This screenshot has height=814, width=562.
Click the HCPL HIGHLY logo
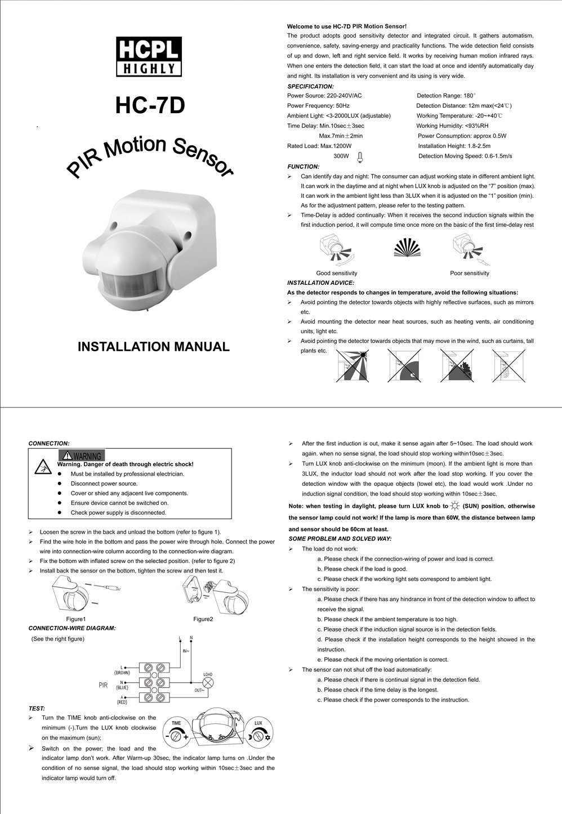(x=149, y=56)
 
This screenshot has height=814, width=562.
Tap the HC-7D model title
(x=150, y=105)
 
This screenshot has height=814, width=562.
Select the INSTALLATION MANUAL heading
(x=153, y=347)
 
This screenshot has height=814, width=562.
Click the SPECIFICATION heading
(x=310, y=86)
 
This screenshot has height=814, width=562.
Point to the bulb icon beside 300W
(x=359, y=156)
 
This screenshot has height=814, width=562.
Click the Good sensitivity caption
(x=337, y=273)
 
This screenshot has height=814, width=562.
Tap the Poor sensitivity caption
(x=470, y=273)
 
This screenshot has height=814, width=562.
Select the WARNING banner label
(x=82, y=455)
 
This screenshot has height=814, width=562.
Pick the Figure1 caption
(x=76, y=619)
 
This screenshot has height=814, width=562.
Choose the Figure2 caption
(x=203, y=619)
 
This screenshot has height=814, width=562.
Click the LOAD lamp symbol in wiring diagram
(x=208, y=682)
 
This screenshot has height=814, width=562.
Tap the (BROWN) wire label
(x=122, y=673)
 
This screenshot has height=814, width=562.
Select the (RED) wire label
(x=122, y=702)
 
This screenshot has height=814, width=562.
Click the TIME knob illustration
(x=176, y=734)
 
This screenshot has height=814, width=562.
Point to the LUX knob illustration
(x=258, y=734)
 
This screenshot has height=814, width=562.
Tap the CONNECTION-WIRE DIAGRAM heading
(x=72, y=628)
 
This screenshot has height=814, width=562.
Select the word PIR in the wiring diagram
(x=103, y=685)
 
